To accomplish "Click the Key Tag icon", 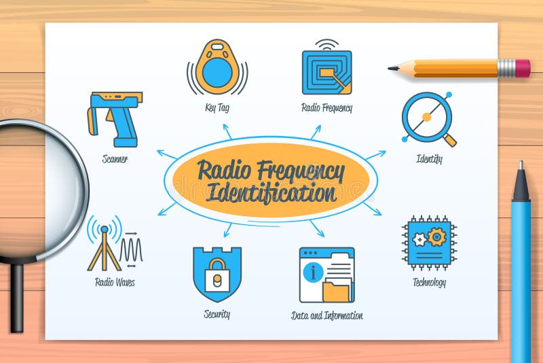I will click(x=217, y=67).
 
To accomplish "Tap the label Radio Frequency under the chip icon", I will click(x=327, y=107).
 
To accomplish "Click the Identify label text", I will click(x=429, y=160).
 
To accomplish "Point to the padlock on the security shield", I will click(x=217, y=274).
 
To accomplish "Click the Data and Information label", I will click(x=327, y=315).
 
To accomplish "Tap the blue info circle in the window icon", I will click(x=313, y=273).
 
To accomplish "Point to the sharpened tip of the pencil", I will click(x=392, y=68).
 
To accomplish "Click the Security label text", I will click(x=217, y=314).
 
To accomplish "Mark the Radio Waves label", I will click(x=115, y=281).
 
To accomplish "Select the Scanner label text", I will click(x=115, y=159).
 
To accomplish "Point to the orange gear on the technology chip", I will click(x=436, y=236).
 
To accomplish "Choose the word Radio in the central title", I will click(x=221, y=170).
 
